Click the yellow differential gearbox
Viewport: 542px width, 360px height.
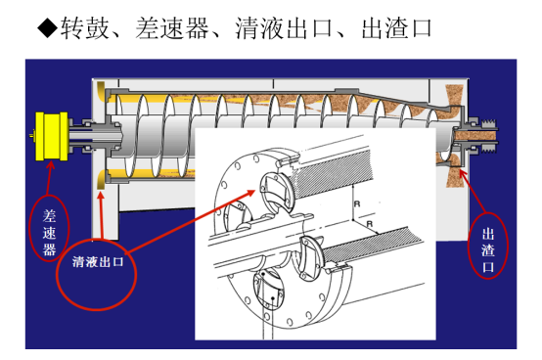pos(52,136)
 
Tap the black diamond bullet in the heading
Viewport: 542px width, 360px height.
pos(47,27)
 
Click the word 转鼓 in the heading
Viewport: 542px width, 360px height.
pos(85,28)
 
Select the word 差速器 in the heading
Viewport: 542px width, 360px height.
pos(172,28)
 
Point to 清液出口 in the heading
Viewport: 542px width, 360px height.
pos(284,28)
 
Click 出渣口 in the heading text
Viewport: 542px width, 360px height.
pos(397,28)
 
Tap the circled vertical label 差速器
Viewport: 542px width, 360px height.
pos(50,232)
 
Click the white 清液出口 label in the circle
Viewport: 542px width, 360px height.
pos(98,261)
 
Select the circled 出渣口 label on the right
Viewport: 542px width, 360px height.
pos(488,249)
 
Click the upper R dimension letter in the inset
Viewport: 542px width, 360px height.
pos(357,203)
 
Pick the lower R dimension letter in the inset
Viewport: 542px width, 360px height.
pos(370,224)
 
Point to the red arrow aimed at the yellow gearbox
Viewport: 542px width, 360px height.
pos(49,178)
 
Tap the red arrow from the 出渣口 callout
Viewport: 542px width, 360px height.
pos(473,191)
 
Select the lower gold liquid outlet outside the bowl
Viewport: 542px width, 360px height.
pos(101,180)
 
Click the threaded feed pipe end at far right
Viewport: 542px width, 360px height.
pos(491,136)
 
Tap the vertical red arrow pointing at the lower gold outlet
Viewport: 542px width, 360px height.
pos(101,215)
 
